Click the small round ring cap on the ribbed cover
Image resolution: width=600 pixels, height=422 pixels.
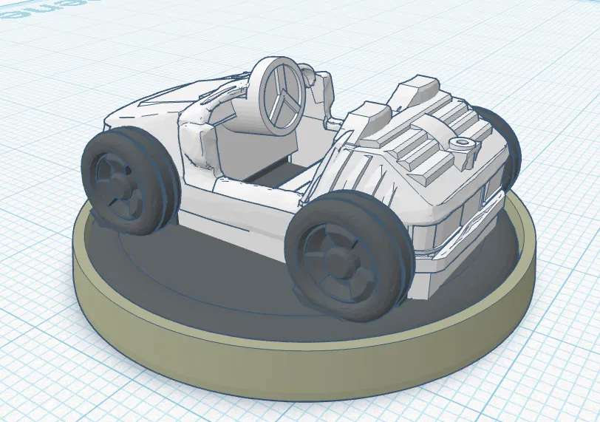point(464,143)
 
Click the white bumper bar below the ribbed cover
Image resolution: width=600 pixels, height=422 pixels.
point(458,244)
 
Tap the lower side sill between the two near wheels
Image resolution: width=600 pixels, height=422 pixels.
point(236,222)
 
